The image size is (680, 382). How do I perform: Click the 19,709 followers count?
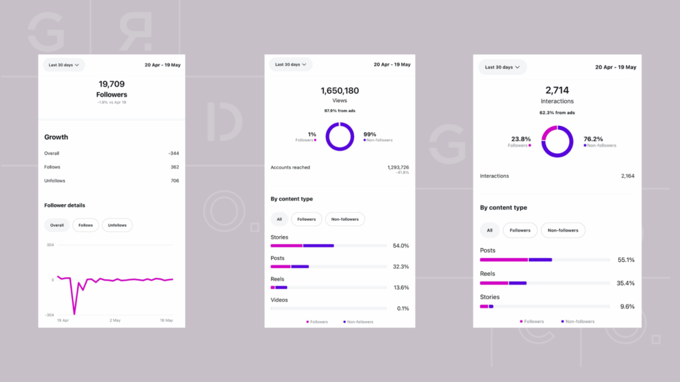tap(112, 84)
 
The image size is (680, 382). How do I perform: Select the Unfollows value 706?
tap(175, 180)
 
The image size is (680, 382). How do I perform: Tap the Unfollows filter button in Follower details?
tap(117, 225)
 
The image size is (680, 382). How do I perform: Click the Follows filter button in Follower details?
tap(86, 225)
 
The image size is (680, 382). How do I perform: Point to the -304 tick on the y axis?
tap(50, 315)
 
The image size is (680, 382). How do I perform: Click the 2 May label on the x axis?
tap(115, 320)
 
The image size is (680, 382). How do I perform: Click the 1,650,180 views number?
tap(339, 90)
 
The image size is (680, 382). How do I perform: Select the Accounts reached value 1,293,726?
tap(398, 167)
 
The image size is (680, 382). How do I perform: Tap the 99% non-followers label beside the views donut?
tap(370, 134)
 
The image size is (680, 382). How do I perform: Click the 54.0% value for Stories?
tap(401, 245)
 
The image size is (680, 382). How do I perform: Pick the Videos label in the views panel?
tap(280, 300)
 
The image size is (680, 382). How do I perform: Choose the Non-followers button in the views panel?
tap(345, 219)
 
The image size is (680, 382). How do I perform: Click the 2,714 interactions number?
tap(557, 90)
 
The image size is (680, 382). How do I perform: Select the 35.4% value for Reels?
tap(626, 283)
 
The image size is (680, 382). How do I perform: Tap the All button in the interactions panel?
tap(489, 230)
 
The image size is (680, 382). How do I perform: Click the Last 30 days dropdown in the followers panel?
tap(64, 65)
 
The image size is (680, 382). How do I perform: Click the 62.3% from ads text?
tap(557, 113)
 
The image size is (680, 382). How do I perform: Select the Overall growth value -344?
tap(173, 153)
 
